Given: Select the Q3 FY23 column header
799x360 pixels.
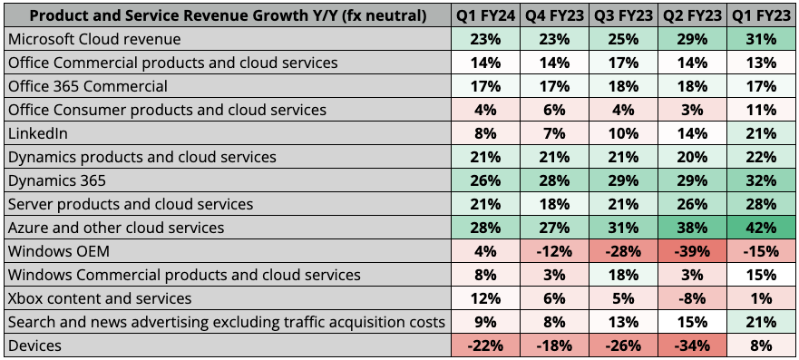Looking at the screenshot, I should [622, 15].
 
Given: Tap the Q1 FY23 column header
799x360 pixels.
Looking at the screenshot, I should [761, 15].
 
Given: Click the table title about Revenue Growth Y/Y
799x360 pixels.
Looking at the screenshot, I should [227, 15].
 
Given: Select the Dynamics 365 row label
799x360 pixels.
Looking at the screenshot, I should [55, 180].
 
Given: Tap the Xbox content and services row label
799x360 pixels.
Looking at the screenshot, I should [99, 298].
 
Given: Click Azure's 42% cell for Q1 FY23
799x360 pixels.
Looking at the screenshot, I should [761, 228].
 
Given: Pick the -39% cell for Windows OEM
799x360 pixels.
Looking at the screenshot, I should [692, 251].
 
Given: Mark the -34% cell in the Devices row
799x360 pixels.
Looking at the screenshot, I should [692, 345].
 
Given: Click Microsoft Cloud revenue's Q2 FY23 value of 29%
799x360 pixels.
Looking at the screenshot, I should [692, 39].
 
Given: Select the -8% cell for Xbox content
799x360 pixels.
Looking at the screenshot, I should [692, 298].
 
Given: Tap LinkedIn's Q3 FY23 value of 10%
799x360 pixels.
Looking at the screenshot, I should [622, 133].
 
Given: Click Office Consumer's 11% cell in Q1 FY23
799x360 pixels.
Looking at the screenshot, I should [761, 110].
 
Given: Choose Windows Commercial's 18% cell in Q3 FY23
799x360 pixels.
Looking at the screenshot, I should [622, 275].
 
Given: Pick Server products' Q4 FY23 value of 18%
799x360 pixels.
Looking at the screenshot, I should [553, 204].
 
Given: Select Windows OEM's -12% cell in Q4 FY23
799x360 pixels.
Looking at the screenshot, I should [553, 251].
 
